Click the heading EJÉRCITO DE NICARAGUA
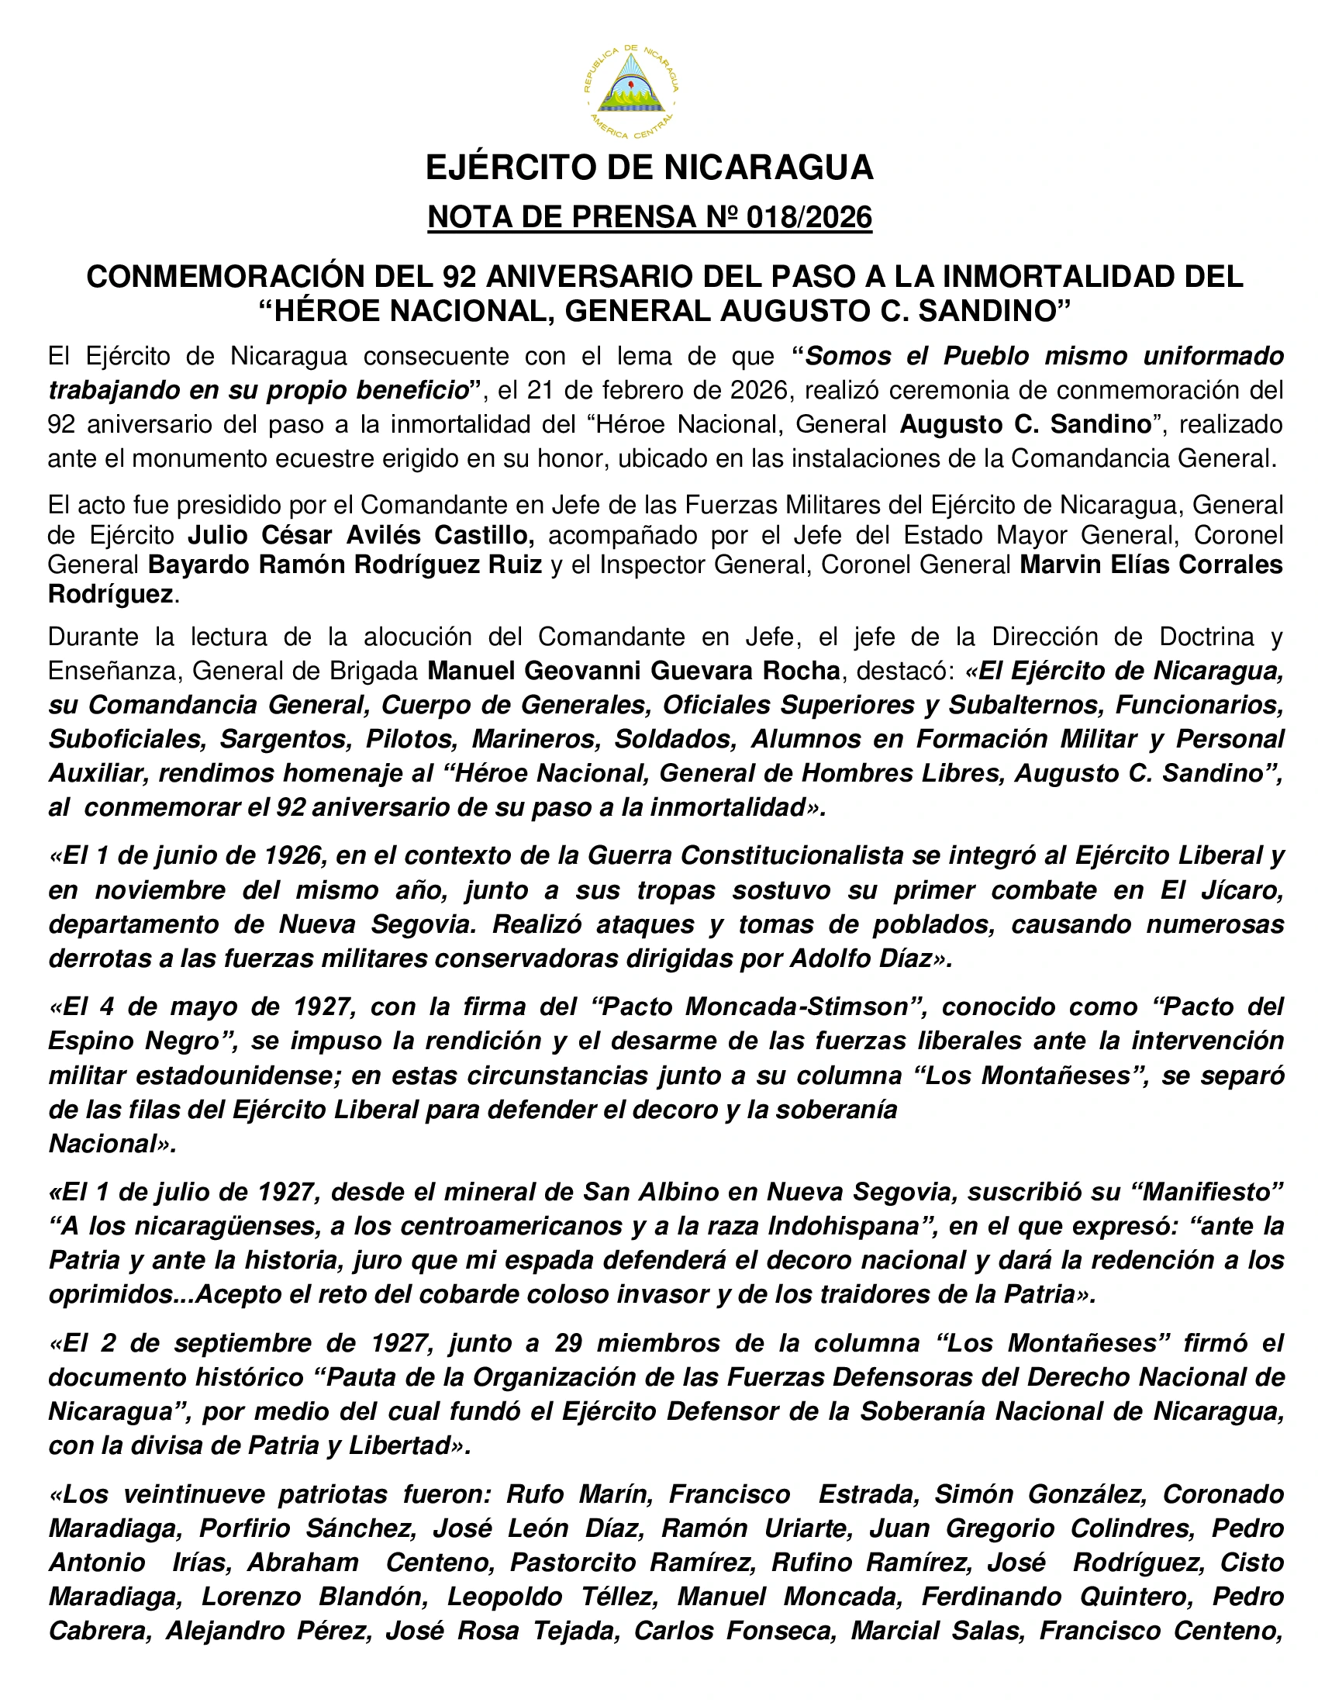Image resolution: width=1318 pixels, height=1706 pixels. click(x=649, y=167)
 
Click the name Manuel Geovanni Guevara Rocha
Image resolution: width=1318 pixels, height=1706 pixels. click(x=633, y=670)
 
